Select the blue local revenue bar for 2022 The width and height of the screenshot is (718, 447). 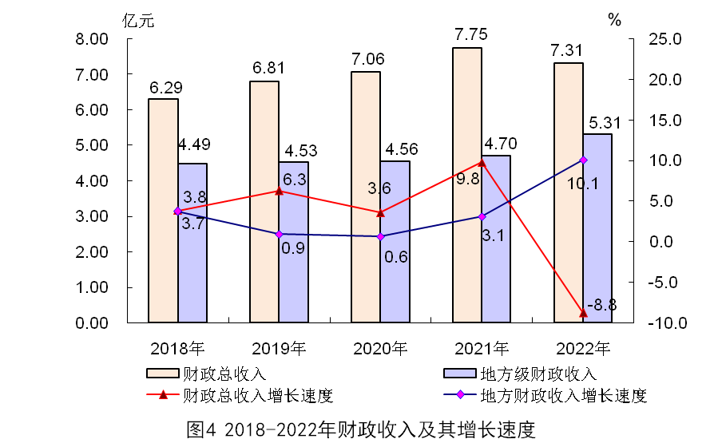click(597, 228)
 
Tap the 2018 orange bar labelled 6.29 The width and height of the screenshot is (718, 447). click(163, 211)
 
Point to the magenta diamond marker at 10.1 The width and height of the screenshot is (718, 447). click(583, 160)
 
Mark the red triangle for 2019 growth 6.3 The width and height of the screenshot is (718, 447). click(279, 191)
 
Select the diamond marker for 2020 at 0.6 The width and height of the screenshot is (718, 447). click(380, 236)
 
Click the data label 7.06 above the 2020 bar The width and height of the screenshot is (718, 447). click(367, 58)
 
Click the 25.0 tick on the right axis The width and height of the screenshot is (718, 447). click(664, 39)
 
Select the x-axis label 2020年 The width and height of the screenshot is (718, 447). click(380, 348)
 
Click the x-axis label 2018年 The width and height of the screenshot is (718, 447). click(177, 348)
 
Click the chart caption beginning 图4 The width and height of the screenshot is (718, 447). click(359, 429)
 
